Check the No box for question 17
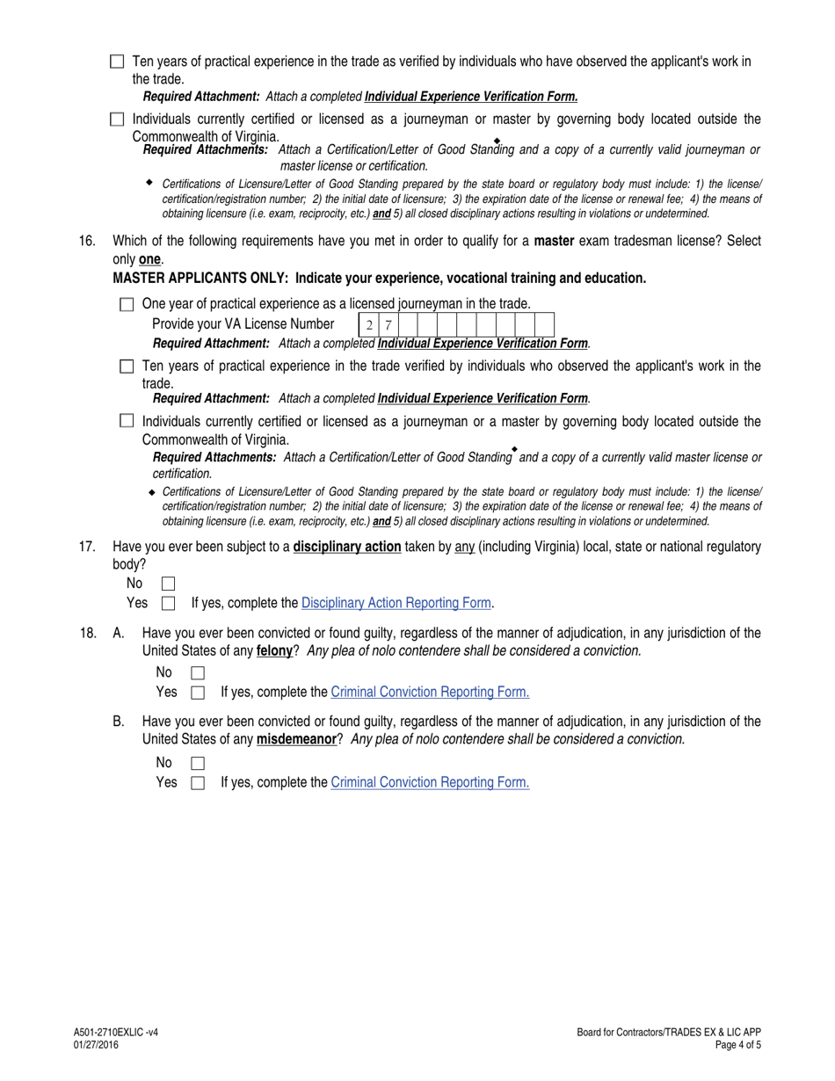pos(169,584)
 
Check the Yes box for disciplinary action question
pos(169,604)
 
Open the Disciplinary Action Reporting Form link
pos(396,603)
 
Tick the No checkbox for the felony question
pos(198,673)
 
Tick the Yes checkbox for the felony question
pos(198,693)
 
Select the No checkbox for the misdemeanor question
pos(198,764)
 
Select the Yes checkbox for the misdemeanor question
pos(198,783)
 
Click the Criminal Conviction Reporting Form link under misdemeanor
pos(430,782)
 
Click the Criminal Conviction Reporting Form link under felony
pos(430,692)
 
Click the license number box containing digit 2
pos(369,324)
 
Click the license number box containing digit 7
pos(388,324)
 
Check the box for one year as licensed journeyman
pos(127,305)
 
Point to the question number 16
pos(87,241)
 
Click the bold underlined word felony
pos(274,651)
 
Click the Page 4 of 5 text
pos(738,1045)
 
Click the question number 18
pos(87,633)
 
